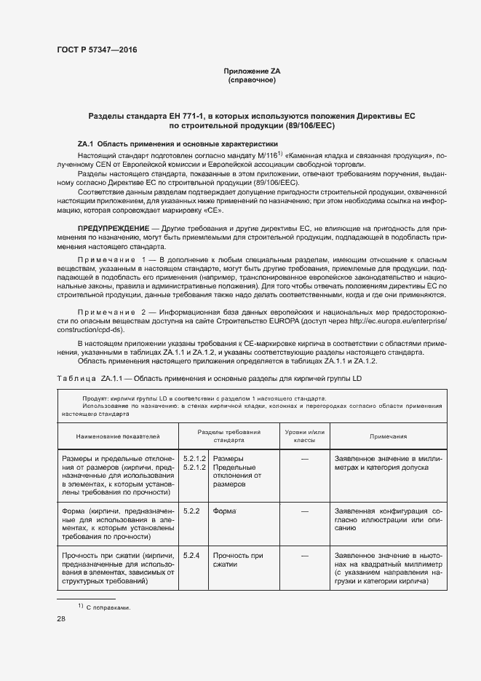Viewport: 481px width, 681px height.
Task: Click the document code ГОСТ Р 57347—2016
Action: click(x=96, y=50)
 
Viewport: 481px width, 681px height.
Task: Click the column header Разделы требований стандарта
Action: click(x=223, y=436)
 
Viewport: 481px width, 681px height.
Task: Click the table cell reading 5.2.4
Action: click(x=192, y=556)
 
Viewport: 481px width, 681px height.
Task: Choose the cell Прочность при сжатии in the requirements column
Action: click(x=232, y=560)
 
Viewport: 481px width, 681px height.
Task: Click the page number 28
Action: click(x=60, y=619)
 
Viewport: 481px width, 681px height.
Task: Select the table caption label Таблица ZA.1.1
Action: click(x=95, y=380)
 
